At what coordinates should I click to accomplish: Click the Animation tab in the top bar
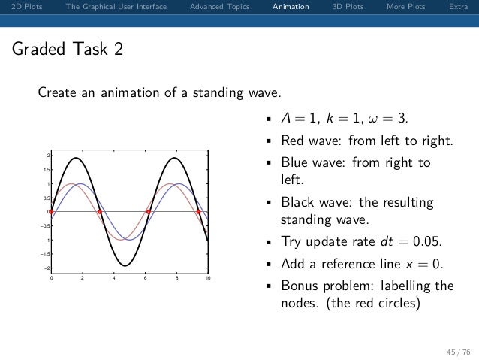click(x=291, y=7)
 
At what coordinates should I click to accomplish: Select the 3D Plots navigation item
click(x=347, y=7)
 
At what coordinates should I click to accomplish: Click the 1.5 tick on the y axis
click(x=45, y=170)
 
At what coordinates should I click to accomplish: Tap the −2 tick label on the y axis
click(x=44, y=268)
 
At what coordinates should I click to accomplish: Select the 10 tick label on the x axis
click(x=208, y=279)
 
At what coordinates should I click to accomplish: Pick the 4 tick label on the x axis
click(x=113, y=279)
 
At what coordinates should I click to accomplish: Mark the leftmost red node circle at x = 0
click(x=51, y=212)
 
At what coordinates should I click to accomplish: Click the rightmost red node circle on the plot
click(x=198, y=212)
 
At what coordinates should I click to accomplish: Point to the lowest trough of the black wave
click(x=125, y=265)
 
